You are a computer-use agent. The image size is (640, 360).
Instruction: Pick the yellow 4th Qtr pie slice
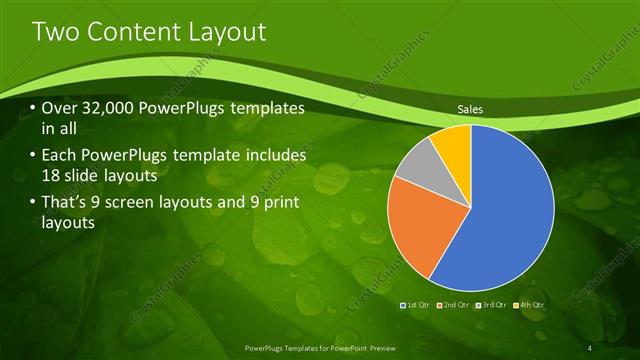(x=452, y=143)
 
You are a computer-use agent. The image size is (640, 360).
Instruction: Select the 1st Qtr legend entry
(x=417, y=304)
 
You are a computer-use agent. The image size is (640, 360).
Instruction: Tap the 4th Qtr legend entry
(x=529, y=304)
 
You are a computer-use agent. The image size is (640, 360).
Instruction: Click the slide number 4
(x=590, y=347)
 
